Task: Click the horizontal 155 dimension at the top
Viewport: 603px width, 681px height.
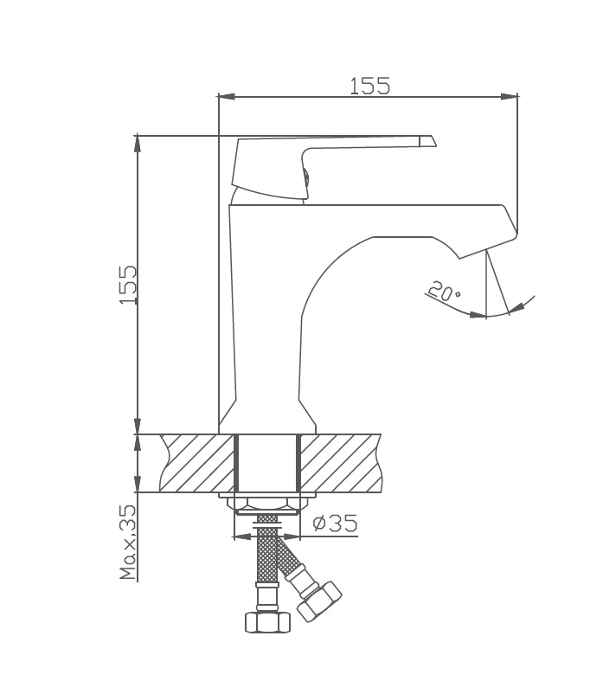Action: coord(369,86)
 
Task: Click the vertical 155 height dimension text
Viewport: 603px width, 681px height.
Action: coord(127,285)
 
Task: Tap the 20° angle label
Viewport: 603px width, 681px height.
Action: coord(444,292)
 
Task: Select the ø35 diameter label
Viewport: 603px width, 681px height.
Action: coord(334,524)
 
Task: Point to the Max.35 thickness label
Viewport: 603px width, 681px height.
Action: coord(128,542)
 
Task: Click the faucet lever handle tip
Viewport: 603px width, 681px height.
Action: coord(427,141)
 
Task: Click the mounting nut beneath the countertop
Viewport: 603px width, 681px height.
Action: coord(267,504)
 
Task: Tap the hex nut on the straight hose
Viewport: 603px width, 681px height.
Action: coord(266,620)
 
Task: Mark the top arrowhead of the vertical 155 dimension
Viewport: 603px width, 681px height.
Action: coord(138,142)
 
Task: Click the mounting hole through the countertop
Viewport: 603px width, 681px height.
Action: coord(267,463)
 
